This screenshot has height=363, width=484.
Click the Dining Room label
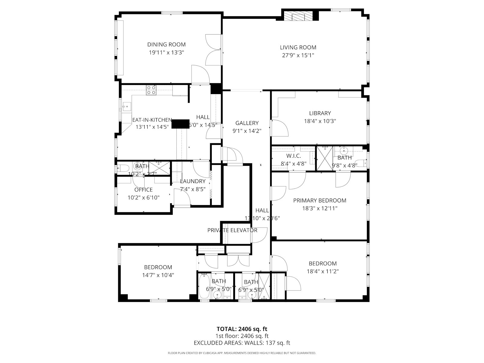point(166,44)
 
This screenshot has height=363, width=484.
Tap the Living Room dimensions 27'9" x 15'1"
point(298,55)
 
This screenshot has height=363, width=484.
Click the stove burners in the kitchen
point(151,90)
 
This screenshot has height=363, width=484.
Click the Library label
point(320,113)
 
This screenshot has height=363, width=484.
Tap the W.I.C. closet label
point(293,156)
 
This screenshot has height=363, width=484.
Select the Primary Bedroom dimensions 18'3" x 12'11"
point(320,208)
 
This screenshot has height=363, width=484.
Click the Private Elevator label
point(232,230)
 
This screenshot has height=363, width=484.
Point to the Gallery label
point(247,123)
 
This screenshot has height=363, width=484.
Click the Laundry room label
point(193,181)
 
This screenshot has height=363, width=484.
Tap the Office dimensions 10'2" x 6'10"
point(143,198)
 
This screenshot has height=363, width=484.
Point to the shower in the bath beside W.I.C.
point(324,158)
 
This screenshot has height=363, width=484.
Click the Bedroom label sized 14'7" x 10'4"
point(158,267)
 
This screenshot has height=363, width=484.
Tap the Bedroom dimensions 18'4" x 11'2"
point(322,271)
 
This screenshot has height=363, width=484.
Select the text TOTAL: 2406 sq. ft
point(242,329)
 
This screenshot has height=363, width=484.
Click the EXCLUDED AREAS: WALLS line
point(242,343)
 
